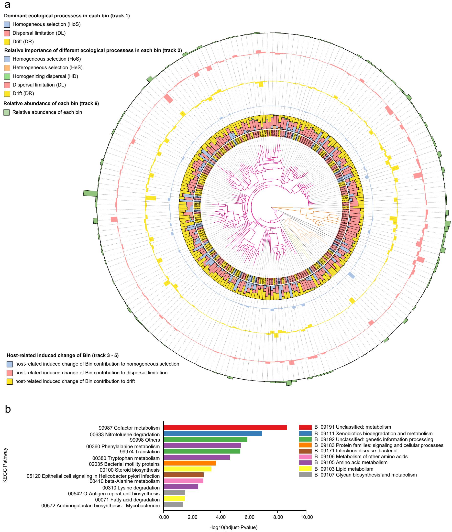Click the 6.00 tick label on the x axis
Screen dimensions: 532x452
coord(249,517)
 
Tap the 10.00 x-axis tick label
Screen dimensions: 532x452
coord(307,517)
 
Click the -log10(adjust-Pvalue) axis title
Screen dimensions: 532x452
coord(233,527)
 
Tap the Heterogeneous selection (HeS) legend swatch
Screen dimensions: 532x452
coord(7,68)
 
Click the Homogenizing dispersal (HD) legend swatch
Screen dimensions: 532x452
coord(7,76)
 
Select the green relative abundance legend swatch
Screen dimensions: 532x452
coord(7,112)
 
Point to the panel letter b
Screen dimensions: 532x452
coord(8,409)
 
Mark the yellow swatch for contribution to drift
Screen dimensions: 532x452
coord(10,381)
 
